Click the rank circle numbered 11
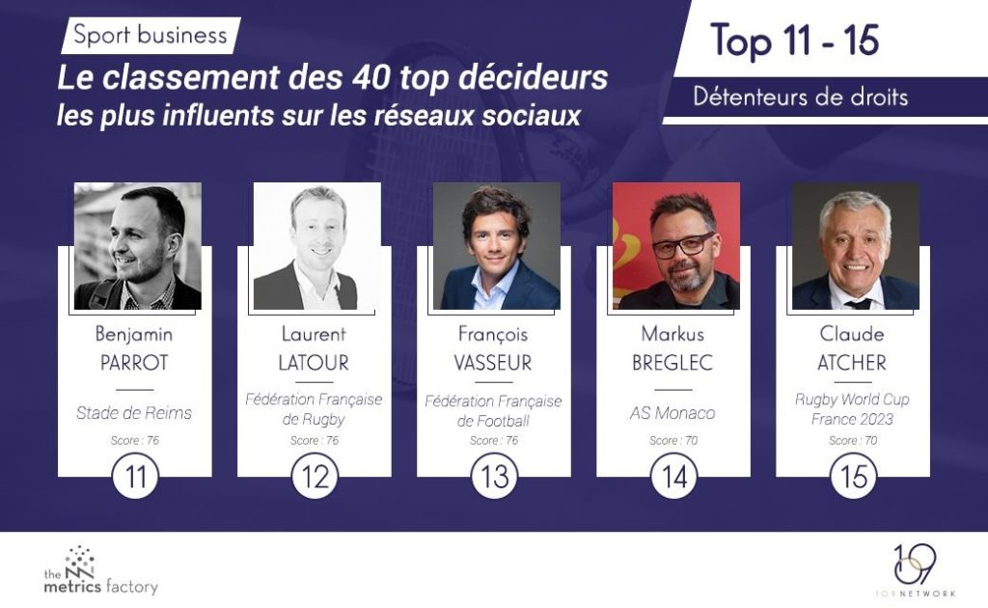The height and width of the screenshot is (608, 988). (135, 476)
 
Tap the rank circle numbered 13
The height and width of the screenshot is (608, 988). (494, 476)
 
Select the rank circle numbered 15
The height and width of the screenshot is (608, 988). (853, 476)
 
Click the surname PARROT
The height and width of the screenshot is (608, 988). (135, 364)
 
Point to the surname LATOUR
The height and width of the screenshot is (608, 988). (315, 364)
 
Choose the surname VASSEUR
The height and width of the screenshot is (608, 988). (494, 364)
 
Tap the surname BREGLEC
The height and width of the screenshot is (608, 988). (673, 364)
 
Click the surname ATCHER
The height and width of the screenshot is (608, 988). (853, 364)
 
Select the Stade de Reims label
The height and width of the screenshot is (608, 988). (135, 413)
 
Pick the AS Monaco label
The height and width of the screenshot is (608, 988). (673, 413)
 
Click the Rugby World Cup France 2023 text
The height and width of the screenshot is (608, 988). (853, 409)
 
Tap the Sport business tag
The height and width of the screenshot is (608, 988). (151, 37)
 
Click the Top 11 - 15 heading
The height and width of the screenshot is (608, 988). (795, 41)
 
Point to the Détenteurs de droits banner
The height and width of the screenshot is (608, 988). (800, 97)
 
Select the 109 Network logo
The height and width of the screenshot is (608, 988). (913, 570)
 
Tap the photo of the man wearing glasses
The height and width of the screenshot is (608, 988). (676, 246)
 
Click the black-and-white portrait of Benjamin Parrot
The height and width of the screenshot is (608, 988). (138, 246)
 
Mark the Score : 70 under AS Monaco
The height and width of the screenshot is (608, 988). (673, 441)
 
